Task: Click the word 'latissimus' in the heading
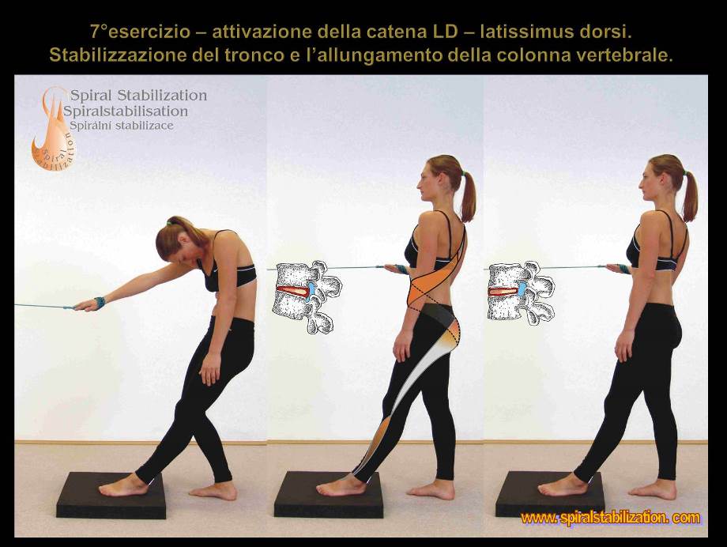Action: pos(523,32)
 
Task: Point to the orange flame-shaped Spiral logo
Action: pos(52,127)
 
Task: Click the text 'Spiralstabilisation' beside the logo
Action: pos(126,111)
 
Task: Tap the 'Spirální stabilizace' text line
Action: pos(122,125)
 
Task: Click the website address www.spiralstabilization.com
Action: pos(610,517)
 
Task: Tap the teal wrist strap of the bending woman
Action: pos(100,302)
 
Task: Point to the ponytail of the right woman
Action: pos(691,196)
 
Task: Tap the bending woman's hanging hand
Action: pos(211,369)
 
